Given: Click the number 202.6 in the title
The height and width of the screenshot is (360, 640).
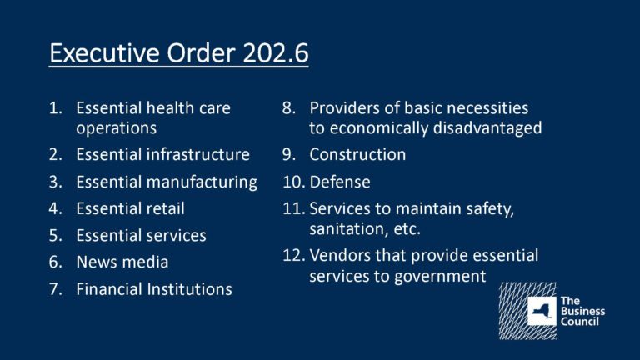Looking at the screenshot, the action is (276, 53).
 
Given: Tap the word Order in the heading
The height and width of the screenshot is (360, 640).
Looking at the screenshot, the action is (201, 53).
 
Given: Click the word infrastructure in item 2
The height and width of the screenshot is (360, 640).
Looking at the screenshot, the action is (198, 155).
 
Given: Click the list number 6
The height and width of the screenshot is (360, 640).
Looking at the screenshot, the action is (56, 262).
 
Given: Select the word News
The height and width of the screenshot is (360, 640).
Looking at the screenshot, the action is (96, 262).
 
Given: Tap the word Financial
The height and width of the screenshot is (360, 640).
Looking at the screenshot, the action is (109, 289).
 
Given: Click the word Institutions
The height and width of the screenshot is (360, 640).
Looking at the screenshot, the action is (190, 289).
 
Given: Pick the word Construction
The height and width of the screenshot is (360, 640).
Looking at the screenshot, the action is (357, 155).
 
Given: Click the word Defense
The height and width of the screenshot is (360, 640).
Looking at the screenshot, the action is (340, 182).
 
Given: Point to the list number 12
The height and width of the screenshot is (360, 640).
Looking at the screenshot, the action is (294, 256).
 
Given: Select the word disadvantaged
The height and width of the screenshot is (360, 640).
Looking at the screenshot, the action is (487, 128).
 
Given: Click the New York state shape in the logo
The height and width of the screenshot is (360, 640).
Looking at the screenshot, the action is (542, 312).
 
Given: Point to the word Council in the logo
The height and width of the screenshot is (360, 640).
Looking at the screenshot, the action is (580, 322).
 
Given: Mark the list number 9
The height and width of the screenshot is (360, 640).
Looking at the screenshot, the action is (289, 155).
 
